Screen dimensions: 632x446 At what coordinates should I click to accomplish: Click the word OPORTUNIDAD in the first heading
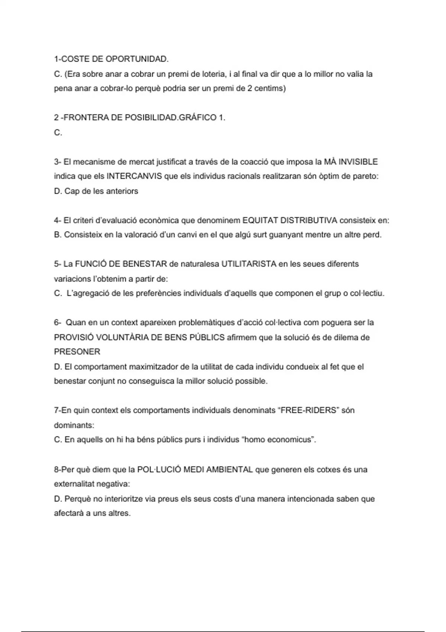(x=137, y=59)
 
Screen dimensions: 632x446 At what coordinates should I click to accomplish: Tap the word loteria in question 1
(x=213, y=74)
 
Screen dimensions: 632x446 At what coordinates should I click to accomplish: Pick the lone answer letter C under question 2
(x=58, y=132)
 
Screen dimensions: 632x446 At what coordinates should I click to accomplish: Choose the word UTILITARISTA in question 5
(x=249, y=264)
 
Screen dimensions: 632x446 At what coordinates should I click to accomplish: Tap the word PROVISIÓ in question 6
(x=74, y=338)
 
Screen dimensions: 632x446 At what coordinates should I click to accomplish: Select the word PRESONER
(x=77, y=352)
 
